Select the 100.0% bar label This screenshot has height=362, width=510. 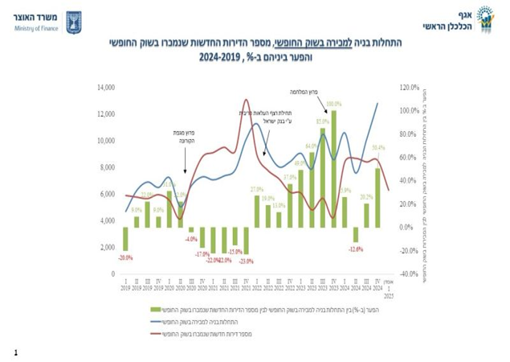tap(333, 104)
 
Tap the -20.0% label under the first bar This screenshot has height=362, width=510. tap(125, 257)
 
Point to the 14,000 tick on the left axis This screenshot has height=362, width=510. tap(107, 87)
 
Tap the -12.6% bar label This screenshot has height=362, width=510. tap(355, 249)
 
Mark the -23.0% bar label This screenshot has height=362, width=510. tap(246, 261)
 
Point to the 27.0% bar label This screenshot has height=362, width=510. tap(257, 188)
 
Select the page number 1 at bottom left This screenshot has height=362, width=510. tap(15, 352)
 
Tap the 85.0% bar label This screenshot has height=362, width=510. tap(322, 121)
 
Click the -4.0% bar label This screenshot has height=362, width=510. tap(191, 239)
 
